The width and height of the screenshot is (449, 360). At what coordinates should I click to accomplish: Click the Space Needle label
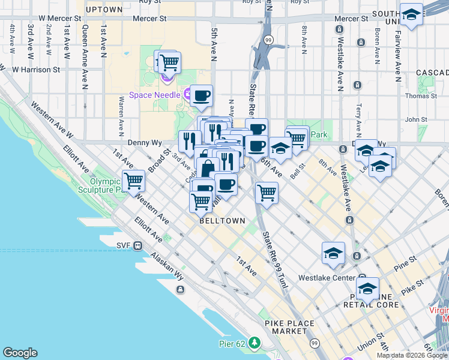(154, 95)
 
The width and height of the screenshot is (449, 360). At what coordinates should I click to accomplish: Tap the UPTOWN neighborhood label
(104, 10)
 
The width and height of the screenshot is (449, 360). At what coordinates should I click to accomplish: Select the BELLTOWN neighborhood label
(222, 221)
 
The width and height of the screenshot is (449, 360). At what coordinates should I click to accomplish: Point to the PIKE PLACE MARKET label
(289, 327)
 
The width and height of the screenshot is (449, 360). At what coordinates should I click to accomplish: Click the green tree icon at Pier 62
(255, 343)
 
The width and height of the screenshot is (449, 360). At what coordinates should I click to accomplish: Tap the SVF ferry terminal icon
(138, 245)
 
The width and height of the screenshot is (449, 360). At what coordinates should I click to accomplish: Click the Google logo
(20, 353)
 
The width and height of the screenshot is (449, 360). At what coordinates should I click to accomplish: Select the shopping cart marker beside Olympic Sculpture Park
(133, 179)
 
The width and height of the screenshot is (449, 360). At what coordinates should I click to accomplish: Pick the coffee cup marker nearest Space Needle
(202, 95)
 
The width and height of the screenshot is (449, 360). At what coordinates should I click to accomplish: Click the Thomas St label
(421, 96)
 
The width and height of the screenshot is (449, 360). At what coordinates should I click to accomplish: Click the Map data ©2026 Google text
(412, 355)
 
